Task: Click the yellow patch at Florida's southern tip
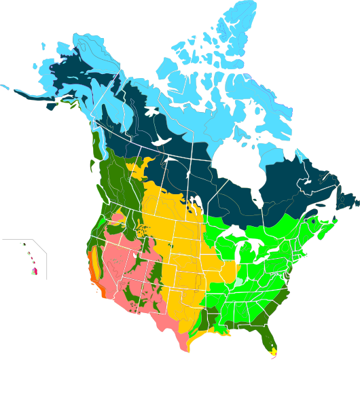pos(273,351)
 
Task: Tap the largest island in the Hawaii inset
pos(34,271)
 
